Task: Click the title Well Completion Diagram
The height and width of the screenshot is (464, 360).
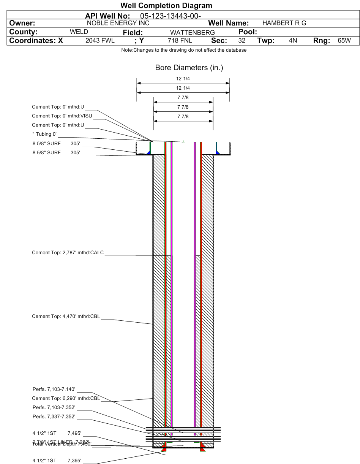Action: tap(166, 6)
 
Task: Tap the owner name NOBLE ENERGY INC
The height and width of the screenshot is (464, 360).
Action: tap(118, 23)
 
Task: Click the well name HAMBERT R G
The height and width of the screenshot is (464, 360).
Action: tap(282, 23)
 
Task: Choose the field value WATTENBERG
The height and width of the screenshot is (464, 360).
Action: tap(192, 33)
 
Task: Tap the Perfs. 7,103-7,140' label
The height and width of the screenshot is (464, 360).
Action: tap(54, 389)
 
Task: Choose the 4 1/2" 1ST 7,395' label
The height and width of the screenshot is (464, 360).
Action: tap(57, 461)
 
